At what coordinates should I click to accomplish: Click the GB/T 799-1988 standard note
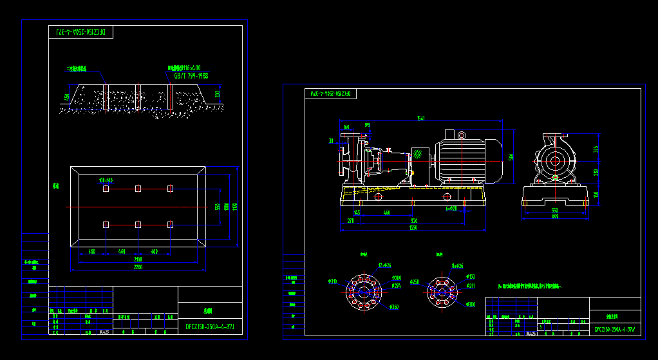click(x=191, y=75)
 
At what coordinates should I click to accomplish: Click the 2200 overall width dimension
click(x=138, y=267)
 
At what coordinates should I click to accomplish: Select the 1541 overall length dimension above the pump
click(x=421, y=118)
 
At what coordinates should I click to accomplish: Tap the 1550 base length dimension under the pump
click(x=413, y=228)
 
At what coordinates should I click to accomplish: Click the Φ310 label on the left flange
click(x=333, y=281)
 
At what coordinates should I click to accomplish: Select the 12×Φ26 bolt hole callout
click(x=385, y=265)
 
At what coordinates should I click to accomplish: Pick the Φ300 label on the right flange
click(x=471, y=304)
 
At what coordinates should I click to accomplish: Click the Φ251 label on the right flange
click(x=415, y=281)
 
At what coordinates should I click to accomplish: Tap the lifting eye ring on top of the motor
click(x=461, y=135)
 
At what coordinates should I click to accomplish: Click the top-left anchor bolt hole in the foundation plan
click(x=106, y=188)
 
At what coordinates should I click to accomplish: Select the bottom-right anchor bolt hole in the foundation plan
click(x=170, y=224)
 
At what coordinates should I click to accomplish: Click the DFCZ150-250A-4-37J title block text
click(x=211, y=327)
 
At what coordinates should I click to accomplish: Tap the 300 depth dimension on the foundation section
click(x=217, y=94)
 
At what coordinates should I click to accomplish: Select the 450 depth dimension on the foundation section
click(x=66, y=97)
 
